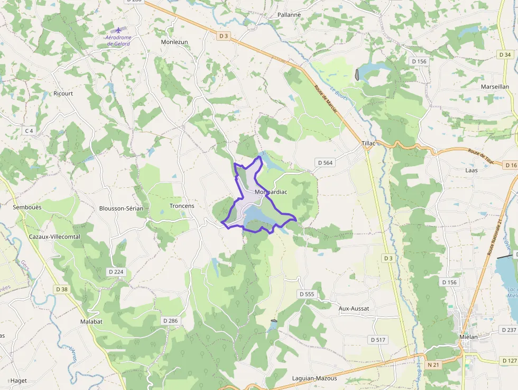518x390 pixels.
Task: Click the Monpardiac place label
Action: [271, 192]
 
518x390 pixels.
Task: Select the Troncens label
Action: [182, 206]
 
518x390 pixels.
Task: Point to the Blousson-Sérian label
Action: [121, 208]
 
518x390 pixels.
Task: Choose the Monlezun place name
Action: [174, 42]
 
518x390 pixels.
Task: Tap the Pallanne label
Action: [289, 15]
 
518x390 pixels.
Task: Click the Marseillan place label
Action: [495, 86]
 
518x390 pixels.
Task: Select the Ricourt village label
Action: [63, 94]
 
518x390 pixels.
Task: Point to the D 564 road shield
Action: [325, 162]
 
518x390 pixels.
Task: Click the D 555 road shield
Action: [307, 294]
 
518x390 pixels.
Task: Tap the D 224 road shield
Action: [115, 272]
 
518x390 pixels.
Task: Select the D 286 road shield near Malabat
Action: [171, 321]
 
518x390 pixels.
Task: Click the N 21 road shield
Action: [433, 365]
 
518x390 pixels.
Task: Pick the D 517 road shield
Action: [378, 339]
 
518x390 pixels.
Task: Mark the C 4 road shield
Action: [29, 131]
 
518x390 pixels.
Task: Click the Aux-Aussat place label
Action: [354, 309]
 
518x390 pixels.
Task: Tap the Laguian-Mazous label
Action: [314, 378]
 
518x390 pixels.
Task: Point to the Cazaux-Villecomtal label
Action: [55, 237]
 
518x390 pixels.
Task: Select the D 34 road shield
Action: [505, 55]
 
